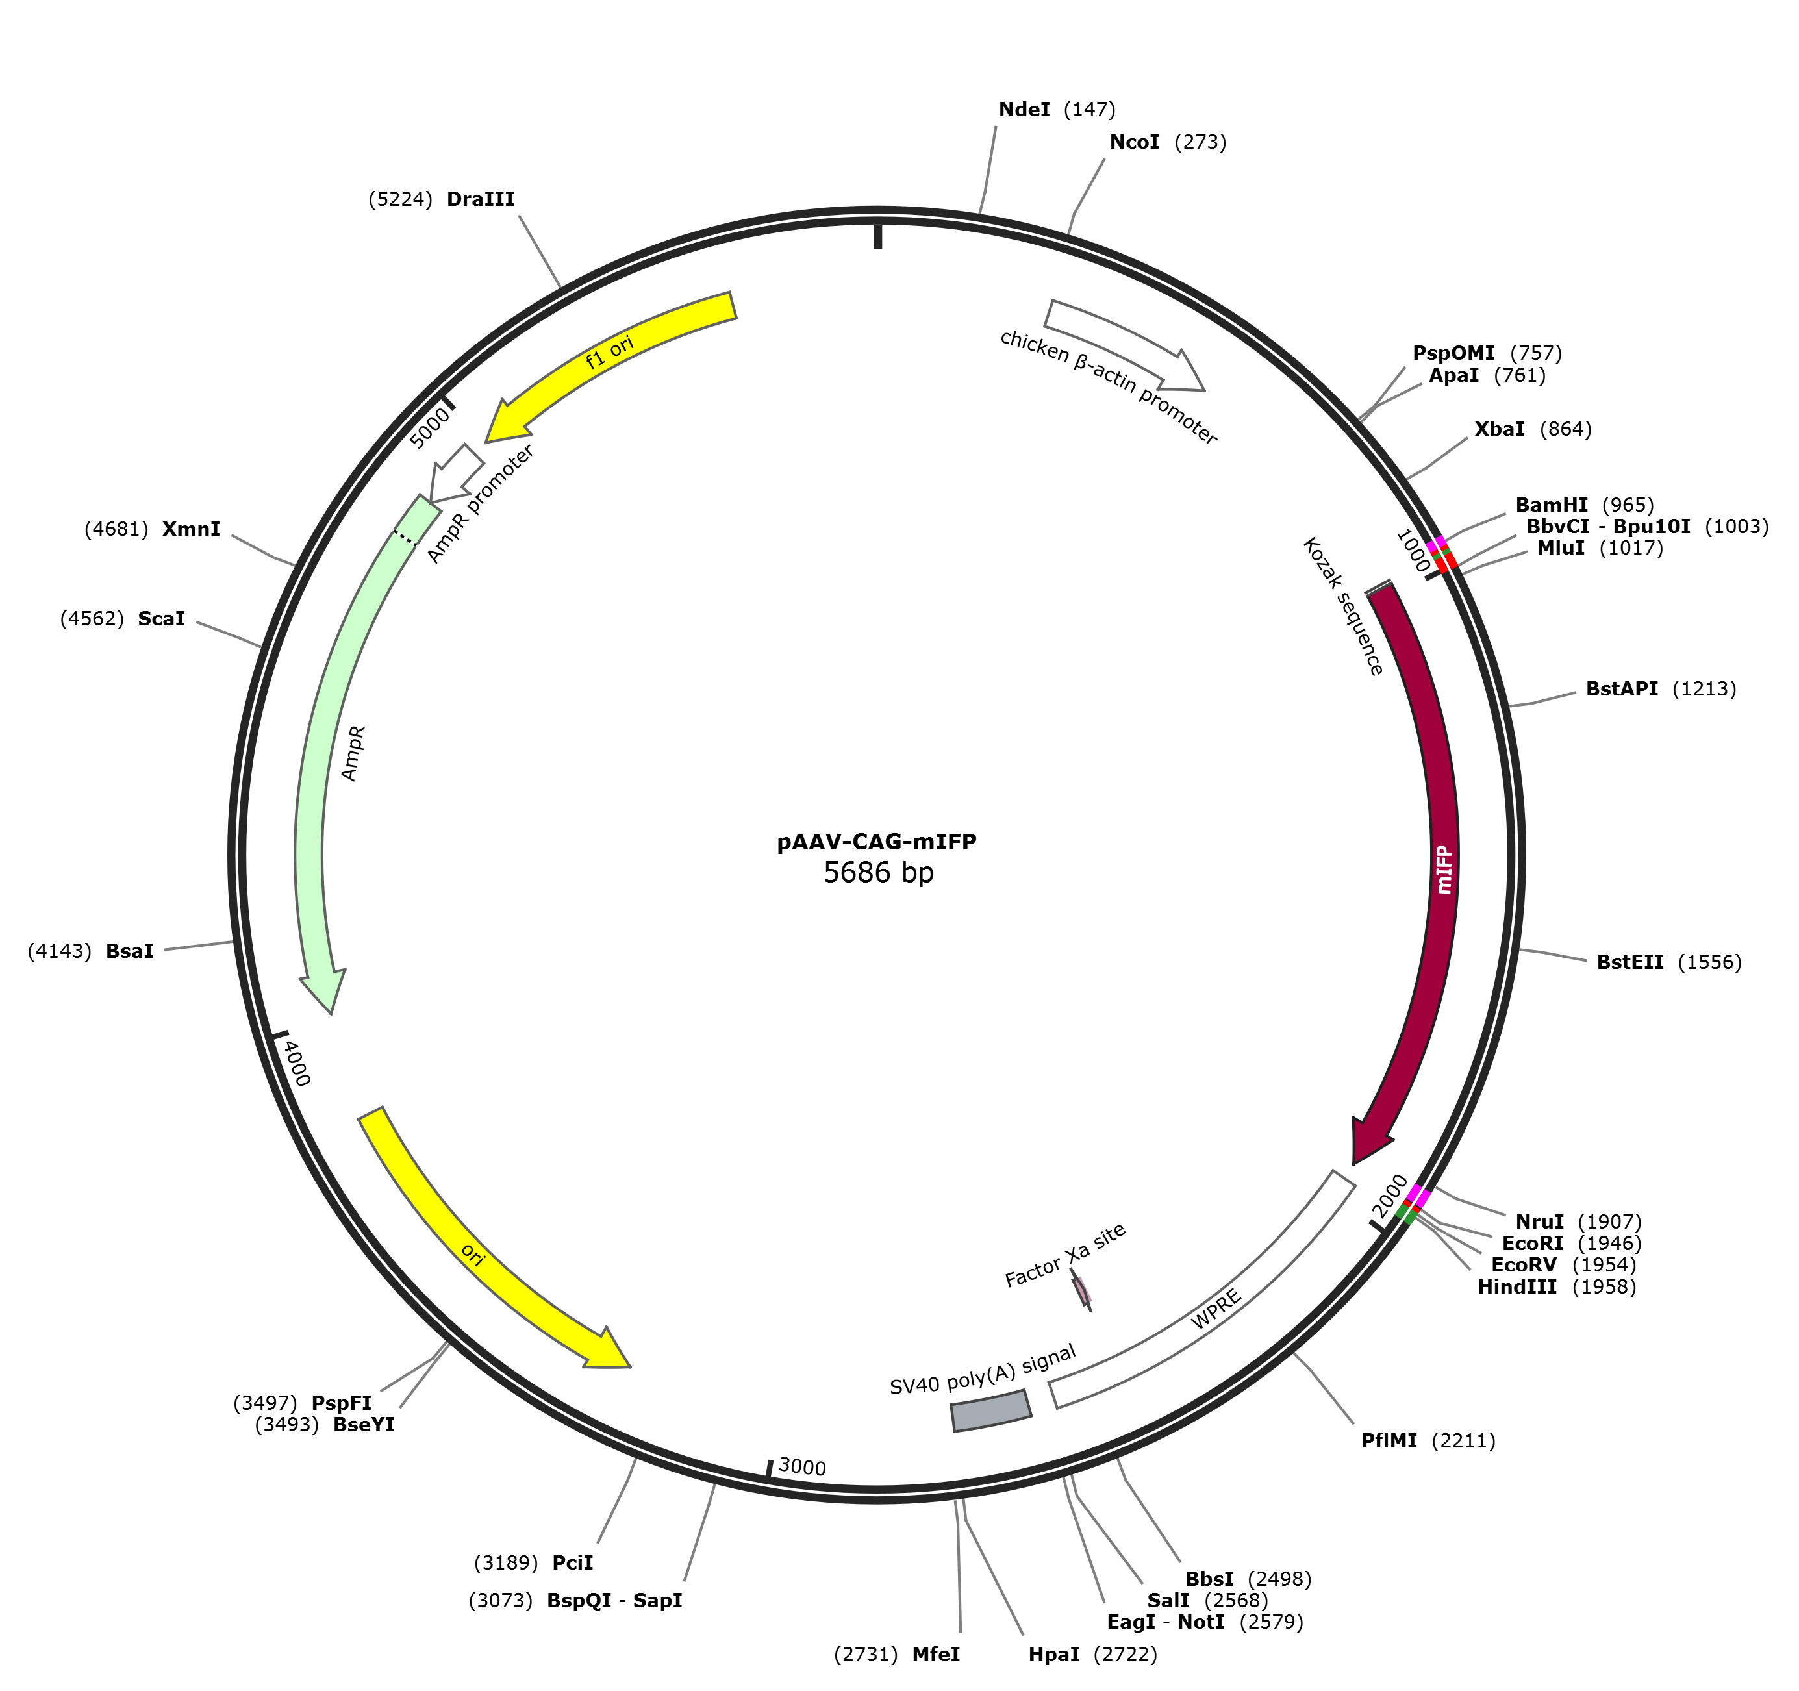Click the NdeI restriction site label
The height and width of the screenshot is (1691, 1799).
tap(1024, 110)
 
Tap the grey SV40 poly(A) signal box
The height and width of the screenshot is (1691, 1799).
tap(991, 1410)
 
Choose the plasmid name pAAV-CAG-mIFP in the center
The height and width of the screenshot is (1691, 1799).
tap(877, 842)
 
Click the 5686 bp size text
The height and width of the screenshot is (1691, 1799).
tap(878, 873)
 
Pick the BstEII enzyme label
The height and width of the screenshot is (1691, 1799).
tap(1629, 962)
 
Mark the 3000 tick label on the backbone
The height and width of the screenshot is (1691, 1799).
tap(802, 1466)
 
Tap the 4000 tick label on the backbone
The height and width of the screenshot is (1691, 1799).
tap(297, 1063)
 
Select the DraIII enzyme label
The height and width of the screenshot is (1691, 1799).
tap(481, 199)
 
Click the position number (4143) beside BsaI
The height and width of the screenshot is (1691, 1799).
tap(60, 951)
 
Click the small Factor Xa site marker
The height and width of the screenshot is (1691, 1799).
tap(1081, 1291)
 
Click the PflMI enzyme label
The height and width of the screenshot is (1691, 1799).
tap(1389, 1440)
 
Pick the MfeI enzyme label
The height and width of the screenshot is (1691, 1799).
tap(936, 1655)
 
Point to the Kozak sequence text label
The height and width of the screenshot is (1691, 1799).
tap(1343, 606)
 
